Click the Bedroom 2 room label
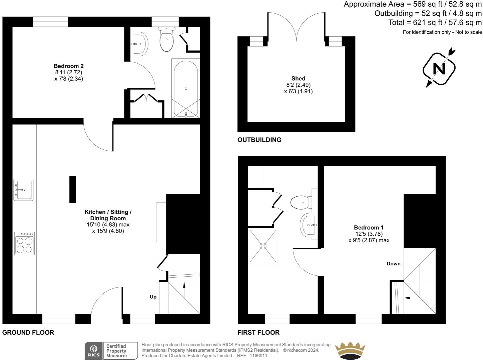(x=68, y=66)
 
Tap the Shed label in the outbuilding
(x=298, y=79)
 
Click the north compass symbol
(x=439, y=69)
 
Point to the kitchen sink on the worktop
(x=23, y=190)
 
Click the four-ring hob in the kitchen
(x=24, y=244)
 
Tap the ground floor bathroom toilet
(x=167, y=39)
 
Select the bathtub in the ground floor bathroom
(x=185, y=89)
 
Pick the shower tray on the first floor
(x=263, y=246)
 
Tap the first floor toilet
(x=301, y=202)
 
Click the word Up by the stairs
(x=153, y=297)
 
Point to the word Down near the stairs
(x=393, y=264)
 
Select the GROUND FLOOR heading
(x=28, y=332)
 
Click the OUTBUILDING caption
(x=259, y=140)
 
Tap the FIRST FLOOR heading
(x=258, y=332)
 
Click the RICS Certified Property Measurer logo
(x=111, y=351)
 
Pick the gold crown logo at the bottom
(x=350, y=351)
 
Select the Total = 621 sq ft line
(x=435, y=22)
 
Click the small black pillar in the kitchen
(x=72, y=189)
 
